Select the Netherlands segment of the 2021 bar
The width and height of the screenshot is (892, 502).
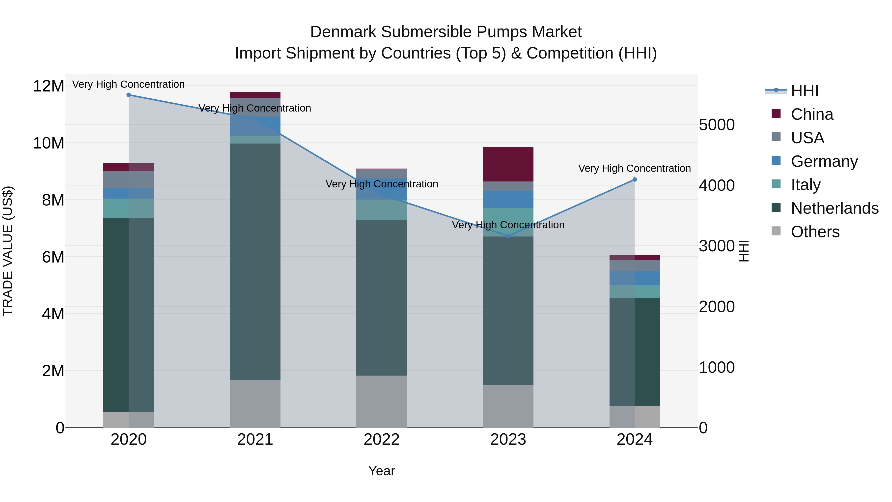point(255,262)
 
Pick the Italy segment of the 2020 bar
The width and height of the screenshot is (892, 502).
point(128,208)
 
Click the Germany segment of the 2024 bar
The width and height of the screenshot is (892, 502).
point(635,278)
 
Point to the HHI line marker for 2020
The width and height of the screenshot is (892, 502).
point(128,95)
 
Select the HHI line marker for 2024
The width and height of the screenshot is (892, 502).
point(635,179)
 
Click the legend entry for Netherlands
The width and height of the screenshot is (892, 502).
point(835,208)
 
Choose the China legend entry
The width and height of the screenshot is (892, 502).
point(812,114)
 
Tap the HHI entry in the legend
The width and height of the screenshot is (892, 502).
point(804,91)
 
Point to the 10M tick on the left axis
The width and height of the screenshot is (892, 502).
point(49,143)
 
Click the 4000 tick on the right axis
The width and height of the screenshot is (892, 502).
point(716,185)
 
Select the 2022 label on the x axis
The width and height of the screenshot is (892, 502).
point(382,439)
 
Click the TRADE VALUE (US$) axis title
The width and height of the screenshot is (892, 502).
point(8,251)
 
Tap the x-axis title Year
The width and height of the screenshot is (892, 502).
point(382,471)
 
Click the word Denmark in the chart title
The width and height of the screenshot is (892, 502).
point(343,32)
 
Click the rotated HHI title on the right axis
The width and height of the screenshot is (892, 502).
point(744,251)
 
